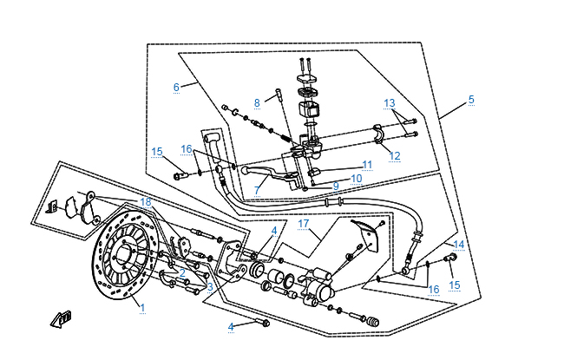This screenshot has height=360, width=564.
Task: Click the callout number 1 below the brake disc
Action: [x=142, y=307]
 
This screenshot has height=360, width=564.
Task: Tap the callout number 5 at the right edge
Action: [x=471, y=99]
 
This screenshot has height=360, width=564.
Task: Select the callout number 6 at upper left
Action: [x=176, y=87]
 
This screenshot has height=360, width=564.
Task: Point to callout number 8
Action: [x=257, y=102]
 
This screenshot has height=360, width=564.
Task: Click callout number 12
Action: [x=395, y=156]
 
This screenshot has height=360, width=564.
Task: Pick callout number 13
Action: [x=390, y=103]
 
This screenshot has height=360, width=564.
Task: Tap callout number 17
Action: [x=304, y=224]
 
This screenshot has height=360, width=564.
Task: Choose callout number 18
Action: [x=145, y=201]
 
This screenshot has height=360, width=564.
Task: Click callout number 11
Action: [x=367, y=164]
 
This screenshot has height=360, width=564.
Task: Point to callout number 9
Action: [x=335, y=186]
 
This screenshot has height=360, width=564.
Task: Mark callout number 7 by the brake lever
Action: [x=257, y=190]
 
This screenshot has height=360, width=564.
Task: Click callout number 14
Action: [x=459, y=245]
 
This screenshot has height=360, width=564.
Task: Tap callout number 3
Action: [x=210, y=286]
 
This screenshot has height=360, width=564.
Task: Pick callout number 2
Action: [x=182, y=272]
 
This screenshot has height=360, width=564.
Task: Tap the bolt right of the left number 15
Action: [x=180, y=175]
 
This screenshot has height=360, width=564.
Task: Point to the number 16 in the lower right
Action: [x=434, y=289]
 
